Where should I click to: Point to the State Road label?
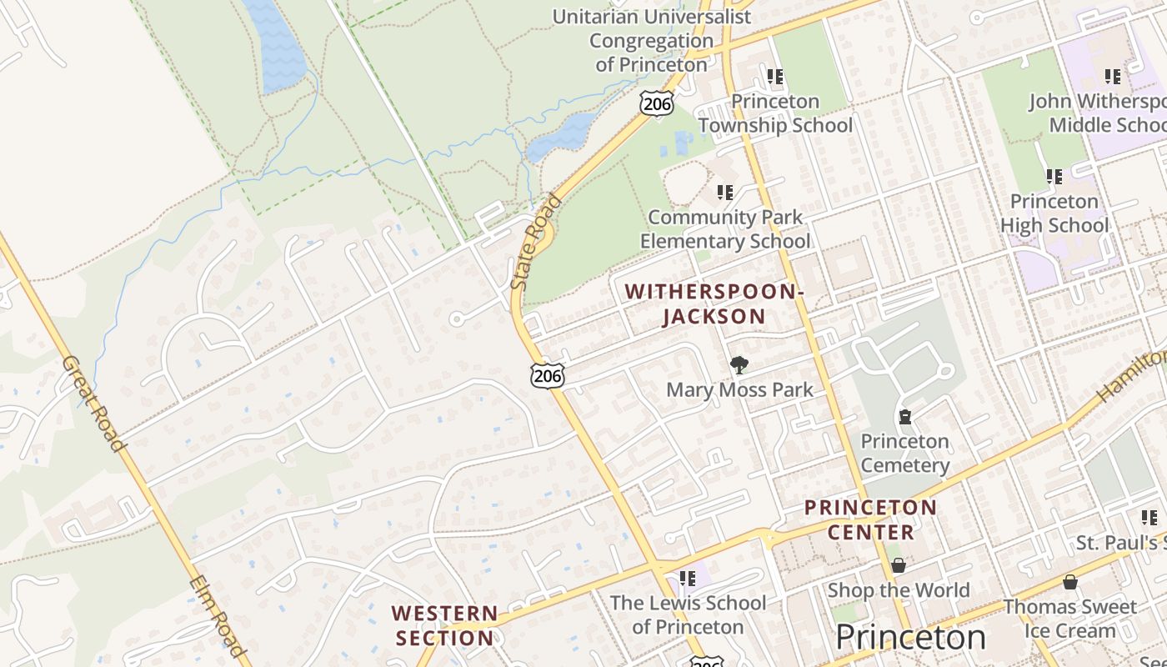(x=537, y=242)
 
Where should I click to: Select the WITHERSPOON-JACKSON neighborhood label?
(x=714, y=303)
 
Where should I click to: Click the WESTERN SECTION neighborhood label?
(x=444, y=626)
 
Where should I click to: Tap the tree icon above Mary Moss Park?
(x=739, y=364)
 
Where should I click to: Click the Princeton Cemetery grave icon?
(x=905, y=416)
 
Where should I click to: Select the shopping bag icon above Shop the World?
(x=899, y=565)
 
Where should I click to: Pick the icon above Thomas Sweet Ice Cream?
(x=1069, y=581)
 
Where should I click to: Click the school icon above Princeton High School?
(x=1054, y=177)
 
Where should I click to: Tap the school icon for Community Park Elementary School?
(x=725, y=193)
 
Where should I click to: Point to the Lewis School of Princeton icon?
(x=688, y=578)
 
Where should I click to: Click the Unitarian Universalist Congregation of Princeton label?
(x=651, y=40)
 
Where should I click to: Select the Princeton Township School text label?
(x=775, y=113)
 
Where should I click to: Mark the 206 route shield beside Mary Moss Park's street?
(x=548, y=376)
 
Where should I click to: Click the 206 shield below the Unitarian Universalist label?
(x=657, y=103)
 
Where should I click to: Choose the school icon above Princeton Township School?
(x=775, y=77)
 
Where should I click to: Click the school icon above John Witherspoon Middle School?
(x=1113, y=77)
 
